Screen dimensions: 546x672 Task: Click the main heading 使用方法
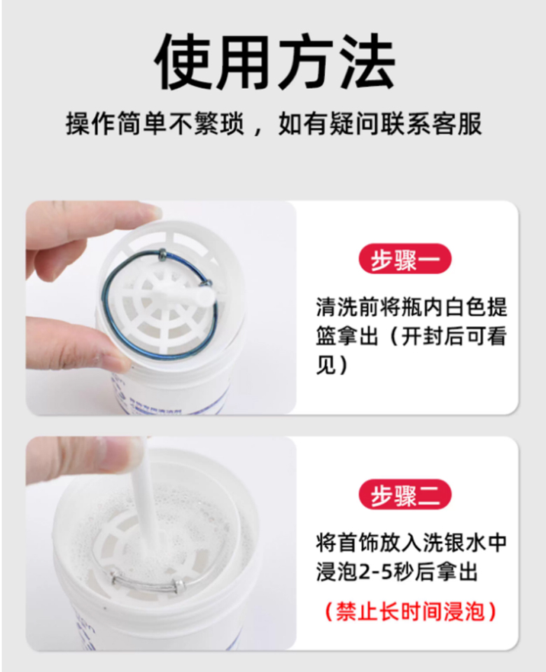pyautogui.click(x=274, y=62)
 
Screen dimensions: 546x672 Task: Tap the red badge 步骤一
pyautogui.click(x=405, y=259)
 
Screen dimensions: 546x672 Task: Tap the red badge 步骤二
pyautogui.click(x=405, y=495)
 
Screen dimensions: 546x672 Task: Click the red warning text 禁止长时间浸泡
pyautogui.click(x=411, y=611)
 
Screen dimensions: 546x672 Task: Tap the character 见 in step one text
pyautogui.click(x=325, y=365)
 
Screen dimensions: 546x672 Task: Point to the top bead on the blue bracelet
pyautogui.click(x=162, y=255)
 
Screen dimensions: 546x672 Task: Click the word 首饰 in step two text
pyautogui.click(x=358, y=542)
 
